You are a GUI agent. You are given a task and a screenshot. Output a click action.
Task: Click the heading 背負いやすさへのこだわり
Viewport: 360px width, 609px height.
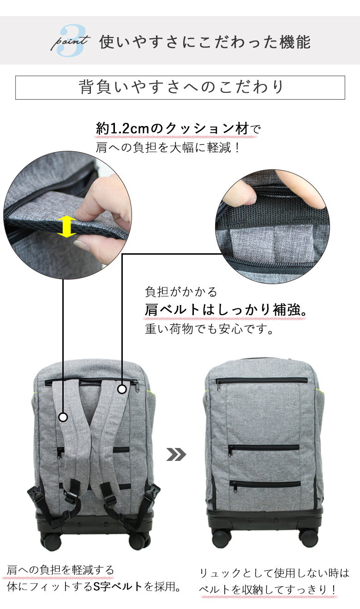(x=180, y=87)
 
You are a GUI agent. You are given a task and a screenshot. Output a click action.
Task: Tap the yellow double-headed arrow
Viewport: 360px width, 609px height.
(x=67, y=226)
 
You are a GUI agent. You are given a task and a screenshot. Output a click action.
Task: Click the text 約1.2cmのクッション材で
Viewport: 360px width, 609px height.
(x=178, y=129)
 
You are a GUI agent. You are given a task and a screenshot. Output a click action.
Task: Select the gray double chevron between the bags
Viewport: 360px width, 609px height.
(x=176, y=454)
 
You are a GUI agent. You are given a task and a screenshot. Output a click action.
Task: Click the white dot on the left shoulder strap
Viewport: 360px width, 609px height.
(x=63, y=417)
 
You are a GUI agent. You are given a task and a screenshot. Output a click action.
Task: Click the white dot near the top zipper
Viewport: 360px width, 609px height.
(x=122, y=389)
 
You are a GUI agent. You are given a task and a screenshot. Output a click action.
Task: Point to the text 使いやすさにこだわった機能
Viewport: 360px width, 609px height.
(x=205, y=42)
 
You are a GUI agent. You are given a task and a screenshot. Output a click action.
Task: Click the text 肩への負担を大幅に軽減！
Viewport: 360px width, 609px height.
(x=169, y=149)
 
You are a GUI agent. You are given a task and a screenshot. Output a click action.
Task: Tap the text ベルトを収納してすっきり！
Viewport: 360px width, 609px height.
(x=268, y=590)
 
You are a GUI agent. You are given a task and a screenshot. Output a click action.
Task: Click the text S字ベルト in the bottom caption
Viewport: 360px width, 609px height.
(x=118, y=587)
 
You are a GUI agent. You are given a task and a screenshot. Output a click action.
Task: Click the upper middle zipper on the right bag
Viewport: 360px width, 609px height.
(x=264, y=447)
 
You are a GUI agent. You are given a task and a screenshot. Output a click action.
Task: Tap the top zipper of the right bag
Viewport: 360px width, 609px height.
(x=261, y=381)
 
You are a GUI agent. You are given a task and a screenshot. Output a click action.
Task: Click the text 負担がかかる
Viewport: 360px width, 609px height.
(x=180, y=292)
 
